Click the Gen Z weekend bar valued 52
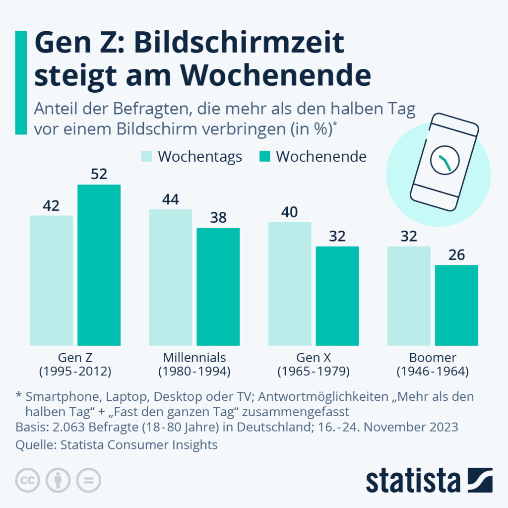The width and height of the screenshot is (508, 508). click(x=99, y=265)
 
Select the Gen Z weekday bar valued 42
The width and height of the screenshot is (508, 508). click(x=51, y=280)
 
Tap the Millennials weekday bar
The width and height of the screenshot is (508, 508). click(x=170, y=277)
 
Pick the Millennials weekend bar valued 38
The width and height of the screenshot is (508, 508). click(x=218, y=287)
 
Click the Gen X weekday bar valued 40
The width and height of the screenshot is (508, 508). click(x=290, y=284)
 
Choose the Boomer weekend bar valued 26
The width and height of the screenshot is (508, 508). click(x=456, y=305)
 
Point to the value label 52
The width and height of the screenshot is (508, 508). click(x=99, y=175)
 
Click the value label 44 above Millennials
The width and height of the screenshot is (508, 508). click(x=170, y=199)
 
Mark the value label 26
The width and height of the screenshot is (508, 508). click(x=456, y=255)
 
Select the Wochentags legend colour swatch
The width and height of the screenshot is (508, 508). click(x=147, y=157)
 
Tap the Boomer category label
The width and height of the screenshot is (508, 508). click(x=433, y=358)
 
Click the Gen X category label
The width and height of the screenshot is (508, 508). click(x=314, y=358)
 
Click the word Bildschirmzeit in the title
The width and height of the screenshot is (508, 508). click(x=239, y=44)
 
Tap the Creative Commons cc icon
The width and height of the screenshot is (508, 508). click(x=28, y=480)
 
